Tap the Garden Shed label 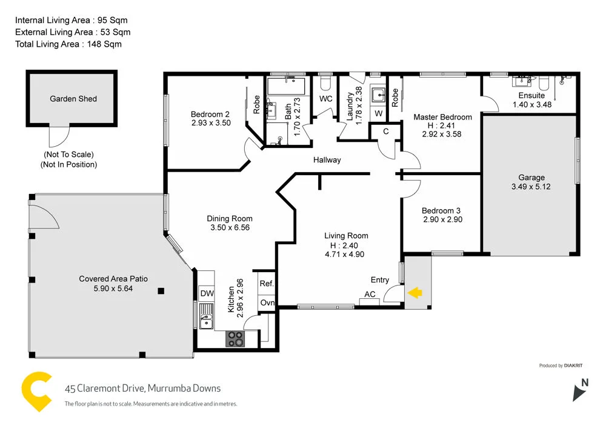[73, 99]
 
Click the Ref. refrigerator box [267, 284]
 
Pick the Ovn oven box [267, 303]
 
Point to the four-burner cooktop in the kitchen [235, 339]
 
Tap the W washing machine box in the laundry [379, 113]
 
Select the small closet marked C [385, 131]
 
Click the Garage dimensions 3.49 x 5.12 [531, 187]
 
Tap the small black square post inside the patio [161, 292]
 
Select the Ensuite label [531, 95]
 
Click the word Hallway [327, 160]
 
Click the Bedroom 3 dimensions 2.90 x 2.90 [442, 219]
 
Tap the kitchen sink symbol [205, 316]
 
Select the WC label [326, 99]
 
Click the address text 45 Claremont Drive [104, 389]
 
